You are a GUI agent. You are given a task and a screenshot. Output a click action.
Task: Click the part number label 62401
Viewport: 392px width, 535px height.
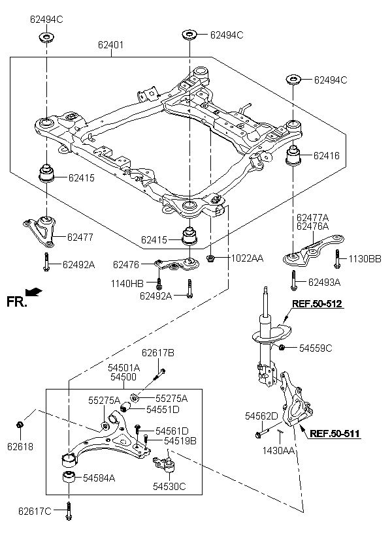pos(110,45)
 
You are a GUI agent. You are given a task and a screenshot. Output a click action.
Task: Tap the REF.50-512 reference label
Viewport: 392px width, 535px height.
pos(317,303)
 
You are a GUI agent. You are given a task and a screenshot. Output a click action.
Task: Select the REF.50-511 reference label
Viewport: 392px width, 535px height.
pos(335,433)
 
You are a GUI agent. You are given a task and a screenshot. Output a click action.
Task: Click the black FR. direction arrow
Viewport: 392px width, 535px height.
pos(34,292)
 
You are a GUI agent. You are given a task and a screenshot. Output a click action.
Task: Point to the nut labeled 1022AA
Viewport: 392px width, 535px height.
pos(210,258)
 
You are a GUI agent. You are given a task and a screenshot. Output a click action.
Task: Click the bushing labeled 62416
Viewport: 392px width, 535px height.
pos(293,156)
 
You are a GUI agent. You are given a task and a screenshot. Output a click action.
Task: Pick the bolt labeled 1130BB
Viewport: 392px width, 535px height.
pos(337,259)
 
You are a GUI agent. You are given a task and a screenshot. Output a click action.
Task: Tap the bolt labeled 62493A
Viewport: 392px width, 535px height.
pos(293,281)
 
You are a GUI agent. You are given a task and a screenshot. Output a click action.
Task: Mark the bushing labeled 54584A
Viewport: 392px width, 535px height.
pos(69,477)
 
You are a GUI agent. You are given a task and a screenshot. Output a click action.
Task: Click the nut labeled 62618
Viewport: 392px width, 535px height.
pos(20,425)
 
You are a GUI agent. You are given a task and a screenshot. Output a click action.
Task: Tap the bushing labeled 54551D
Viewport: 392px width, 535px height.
pos(127,407)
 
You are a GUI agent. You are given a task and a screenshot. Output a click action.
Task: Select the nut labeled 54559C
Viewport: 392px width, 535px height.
pos(282,348)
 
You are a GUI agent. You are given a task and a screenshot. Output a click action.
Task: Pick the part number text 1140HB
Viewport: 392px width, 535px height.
pos(127,283)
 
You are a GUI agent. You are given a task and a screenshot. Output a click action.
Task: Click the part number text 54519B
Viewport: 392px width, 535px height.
pos(180,440)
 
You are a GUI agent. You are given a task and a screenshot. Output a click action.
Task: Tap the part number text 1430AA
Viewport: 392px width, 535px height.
pos(278,450)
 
